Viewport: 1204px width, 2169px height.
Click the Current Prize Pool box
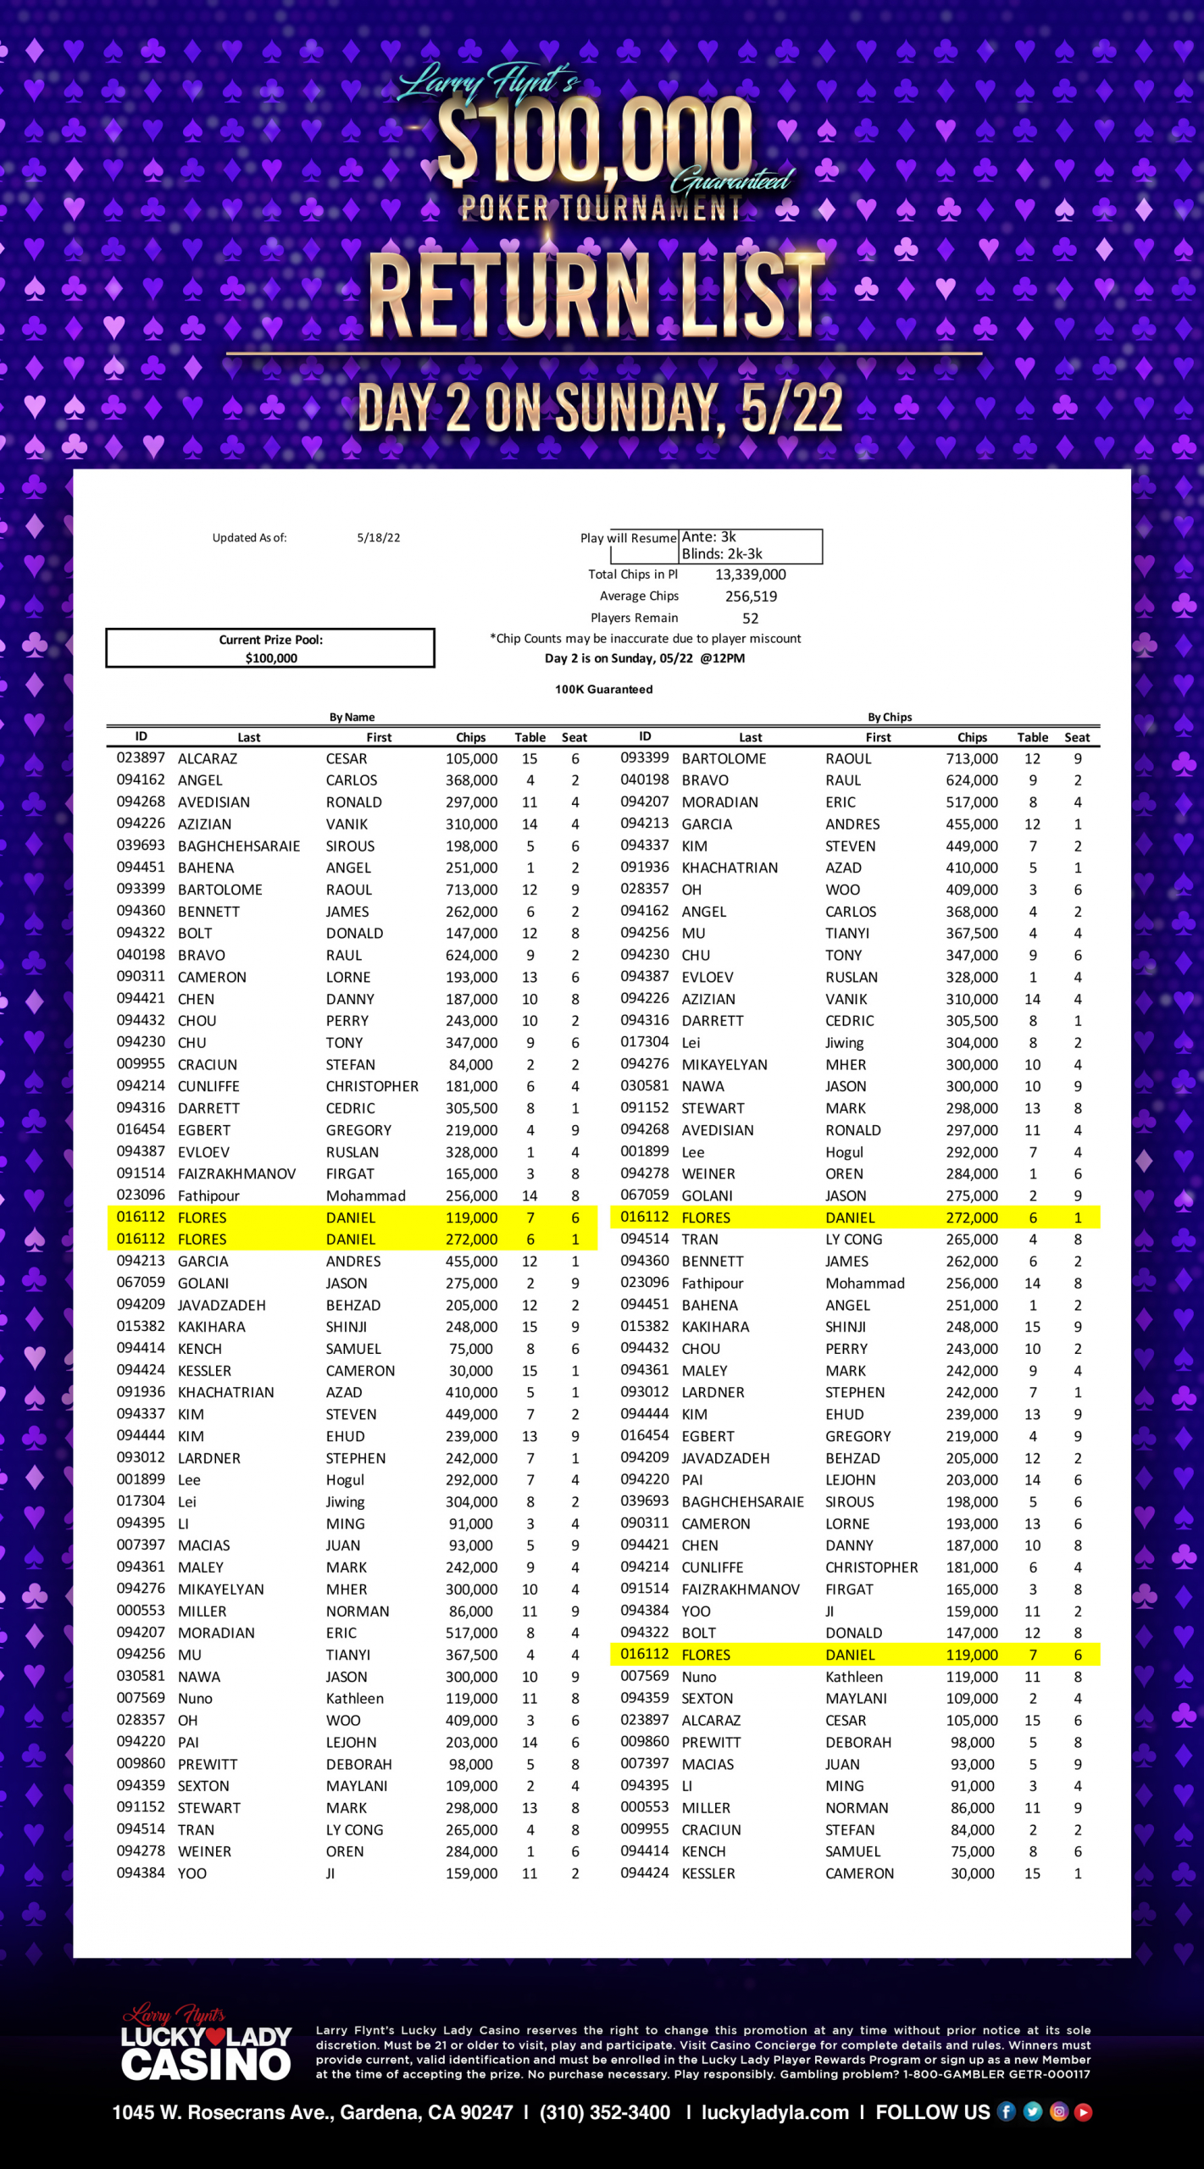(x=270, y=648)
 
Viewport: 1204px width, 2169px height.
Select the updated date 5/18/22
(x=378, y=538)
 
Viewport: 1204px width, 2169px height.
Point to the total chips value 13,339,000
(x=750, y=574)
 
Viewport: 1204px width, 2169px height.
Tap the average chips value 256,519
(x=751, y=596)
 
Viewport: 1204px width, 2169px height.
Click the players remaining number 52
(x=750, y=619)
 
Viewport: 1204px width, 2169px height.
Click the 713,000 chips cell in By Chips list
(x=971, y=759)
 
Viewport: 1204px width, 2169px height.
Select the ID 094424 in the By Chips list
(x=644, y=1873)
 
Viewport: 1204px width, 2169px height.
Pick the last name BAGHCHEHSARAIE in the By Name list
(x=239, y=846)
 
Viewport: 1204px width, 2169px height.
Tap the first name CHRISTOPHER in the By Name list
(x=372, y=1086)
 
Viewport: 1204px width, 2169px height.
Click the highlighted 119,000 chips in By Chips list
(x=971, y=1655)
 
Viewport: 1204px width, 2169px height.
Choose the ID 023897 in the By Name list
(x=141, y=758)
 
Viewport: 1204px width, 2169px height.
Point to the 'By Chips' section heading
(x=890, y=718)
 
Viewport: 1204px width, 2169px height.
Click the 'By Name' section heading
(x=352, y=718)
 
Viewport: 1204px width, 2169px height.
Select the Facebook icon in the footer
(x=1006, y=2112)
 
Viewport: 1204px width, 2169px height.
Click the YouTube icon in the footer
(x=1083, y=2112)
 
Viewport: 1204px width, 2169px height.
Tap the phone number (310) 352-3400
(x=605, y=2112)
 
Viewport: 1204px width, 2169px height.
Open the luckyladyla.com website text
(x=774, y=2112)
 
